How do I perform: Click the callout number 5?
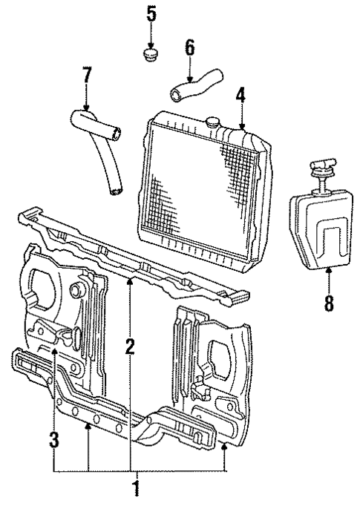coord(151,13)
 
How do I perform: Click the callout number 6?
coord(189,48)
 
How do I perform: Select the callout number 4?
coord(240,96)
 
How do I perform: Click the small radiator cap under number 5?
coord(151,56)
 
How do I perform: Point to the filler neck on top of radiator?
coord(214,121)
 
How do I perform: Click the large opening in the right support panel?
coord(223,355)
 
